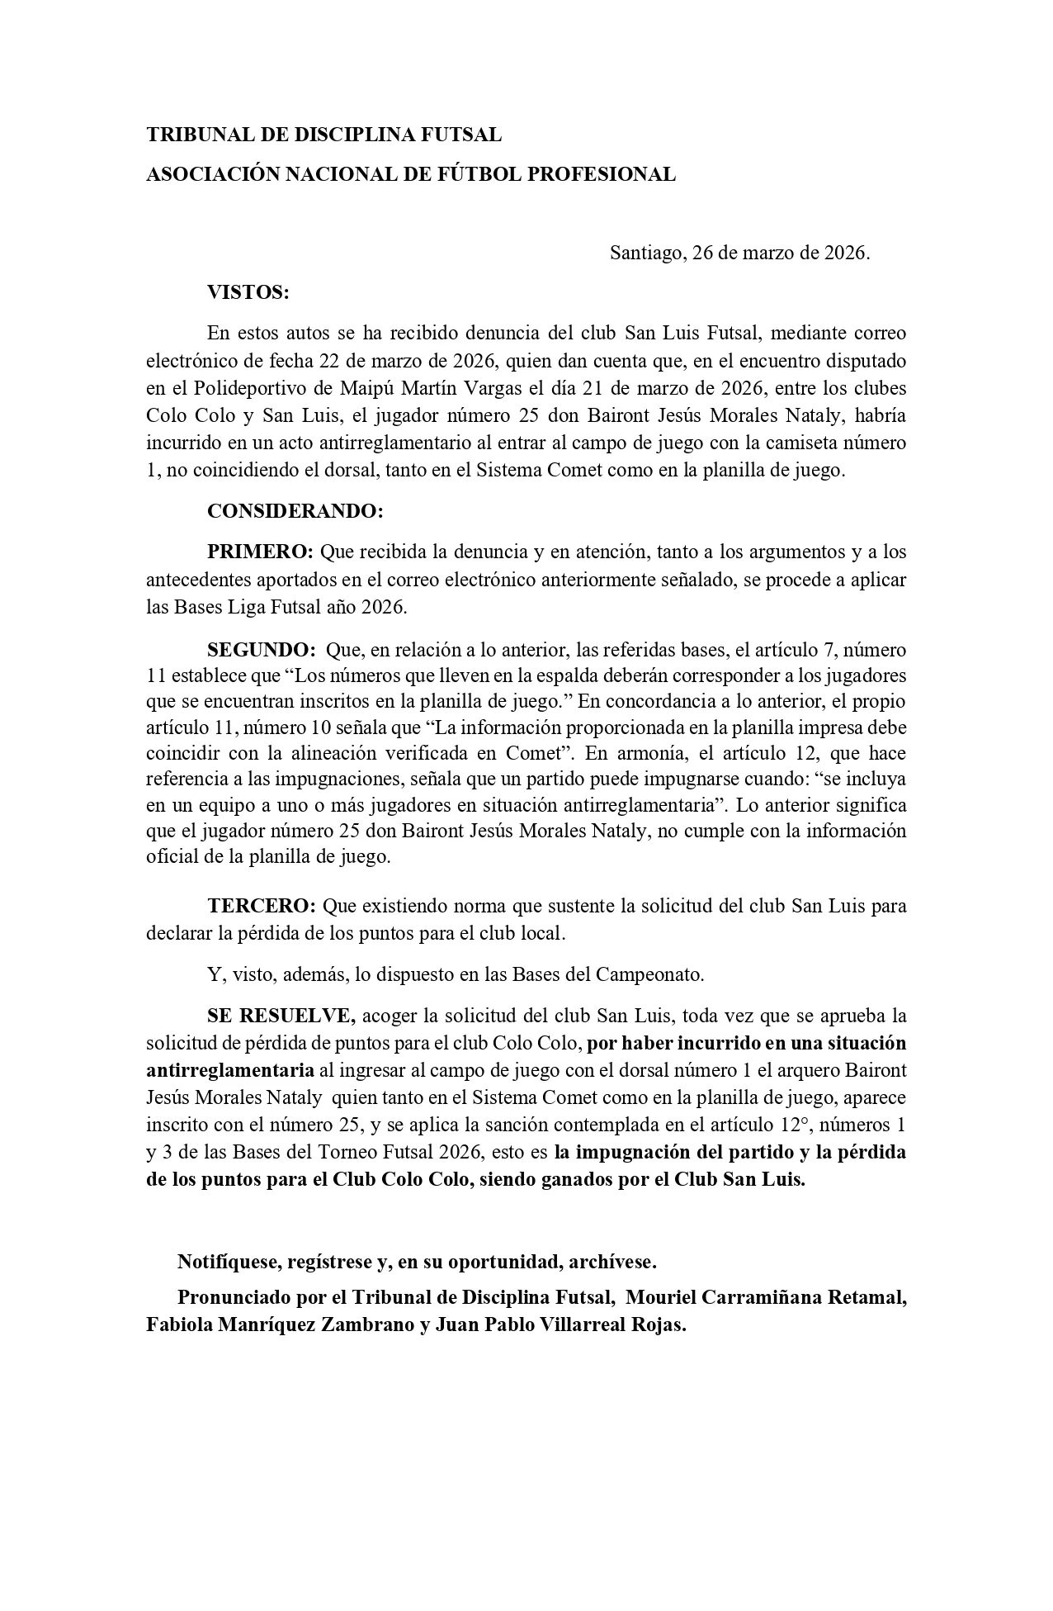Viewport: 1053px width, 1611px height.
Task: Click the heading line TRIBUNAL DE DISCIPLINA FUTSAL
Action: click(323, 135)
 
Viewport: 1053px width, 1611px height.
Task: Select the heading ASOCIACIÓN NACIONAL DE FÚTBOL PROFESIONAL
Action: click(410, 174)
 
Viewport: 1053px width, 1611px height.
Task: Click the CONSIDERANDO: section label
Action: click(295, 511)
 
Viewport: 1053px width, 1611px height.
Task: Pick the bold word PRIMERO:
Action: click(260, 551)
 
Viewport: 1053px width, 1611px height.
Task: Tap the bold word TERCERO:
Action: click(262, 906)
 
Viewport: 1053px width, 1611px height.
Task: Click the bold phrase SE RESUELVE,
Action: click(281, 1015)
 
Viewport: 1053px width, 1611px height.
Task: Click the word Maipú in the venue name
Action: click(364, 388)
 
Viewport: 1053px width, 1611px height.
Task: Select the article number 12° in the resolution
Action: click(777, 1125)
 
